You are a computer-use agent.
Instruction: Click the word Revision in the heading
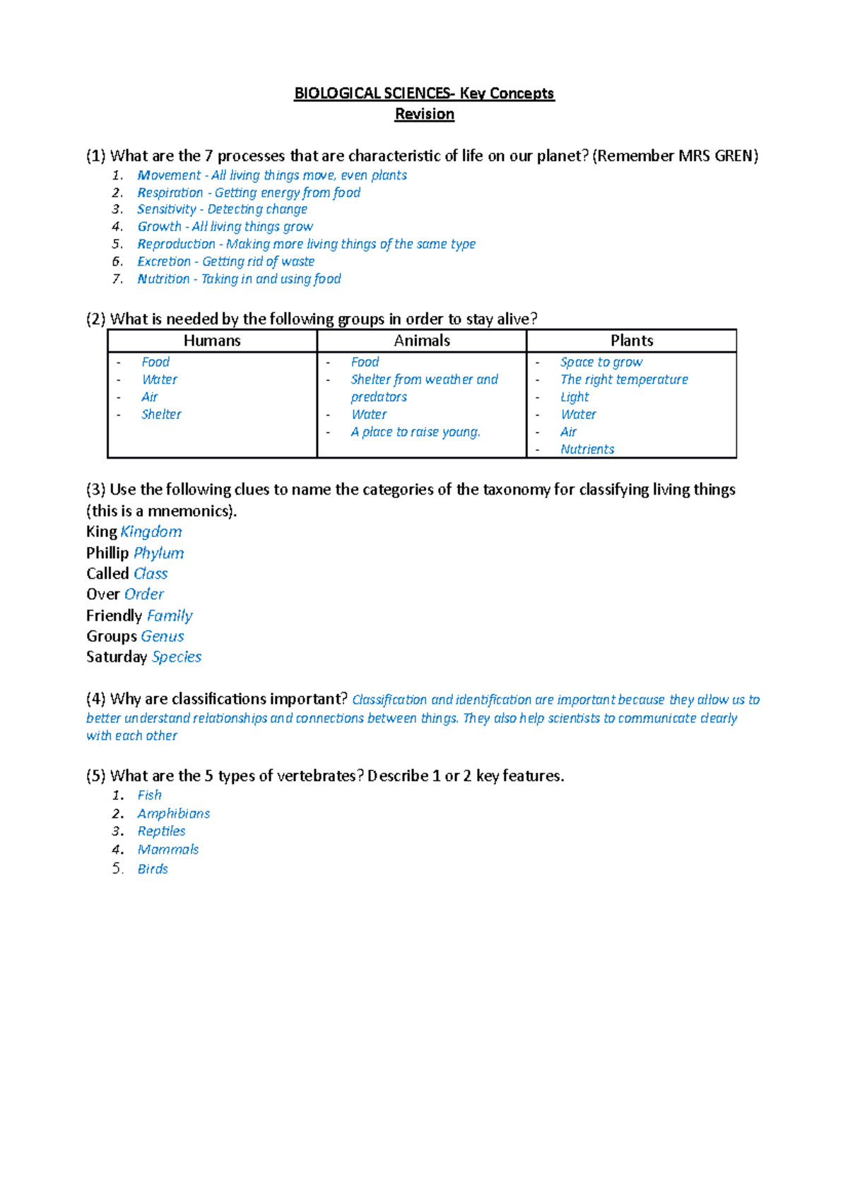424,114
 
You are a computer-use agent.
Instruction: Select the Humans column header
212,341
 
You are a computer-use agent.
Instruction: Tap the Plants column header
632,341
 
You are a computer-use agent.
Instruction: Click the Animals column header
422,341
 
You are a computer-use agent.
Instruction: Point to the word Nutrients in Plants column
587,449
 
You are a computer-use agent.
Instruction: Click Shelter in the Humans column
161,415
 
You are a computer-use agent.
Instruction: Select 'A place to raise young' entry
416,432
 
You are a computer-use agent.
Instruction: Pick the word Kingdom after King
151,532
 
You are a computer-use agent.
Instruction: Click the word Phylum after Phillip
159,553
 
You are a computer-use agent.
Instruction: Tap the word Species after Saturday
177,657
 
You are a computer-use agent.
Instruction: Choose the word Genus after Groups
163,637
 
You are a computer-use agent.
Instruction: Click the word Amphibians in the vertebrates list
174,814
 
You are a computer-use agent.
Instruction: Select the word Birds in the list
153,869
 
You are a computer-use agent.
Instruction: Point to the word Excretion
164,261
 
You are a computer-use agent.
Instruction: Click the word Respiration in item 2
170,193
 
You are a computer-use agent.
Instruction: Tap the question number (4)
96,699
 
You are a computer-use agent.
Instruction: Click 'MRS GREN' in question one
715,156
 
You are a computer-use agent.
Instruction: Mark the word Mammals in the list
168,850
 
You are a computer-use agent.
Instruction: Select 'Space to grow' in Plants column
601,363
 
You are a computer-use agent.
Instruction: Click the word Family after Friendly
170,616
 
